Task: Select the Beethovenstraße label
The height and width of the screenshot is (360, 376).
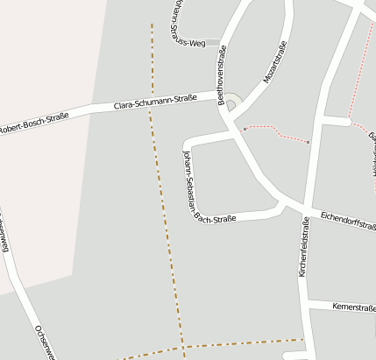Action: [x=224, y=76]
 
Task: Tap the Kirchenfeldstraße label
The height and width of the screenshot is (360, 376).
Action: [x=303, y=249]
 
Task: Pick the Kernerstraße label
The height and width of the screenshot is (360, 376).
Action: [x=353, y=307]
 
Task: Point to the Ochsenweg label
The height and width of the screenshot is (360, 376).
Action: [x=44, y=342]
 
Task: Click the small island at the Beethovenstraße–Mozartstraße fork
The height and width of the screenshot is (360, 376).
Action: [x=231, y=104]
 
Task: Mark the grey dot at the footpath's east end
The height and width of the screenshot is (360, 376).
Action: [x=309, y=142]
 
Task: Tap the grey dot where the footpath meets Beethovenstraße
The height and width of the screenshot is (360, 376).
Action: [x=244, y=129]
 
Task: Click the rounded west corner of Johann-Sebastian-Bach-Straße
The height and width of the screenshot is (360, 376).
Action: [x=186, y=143]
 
